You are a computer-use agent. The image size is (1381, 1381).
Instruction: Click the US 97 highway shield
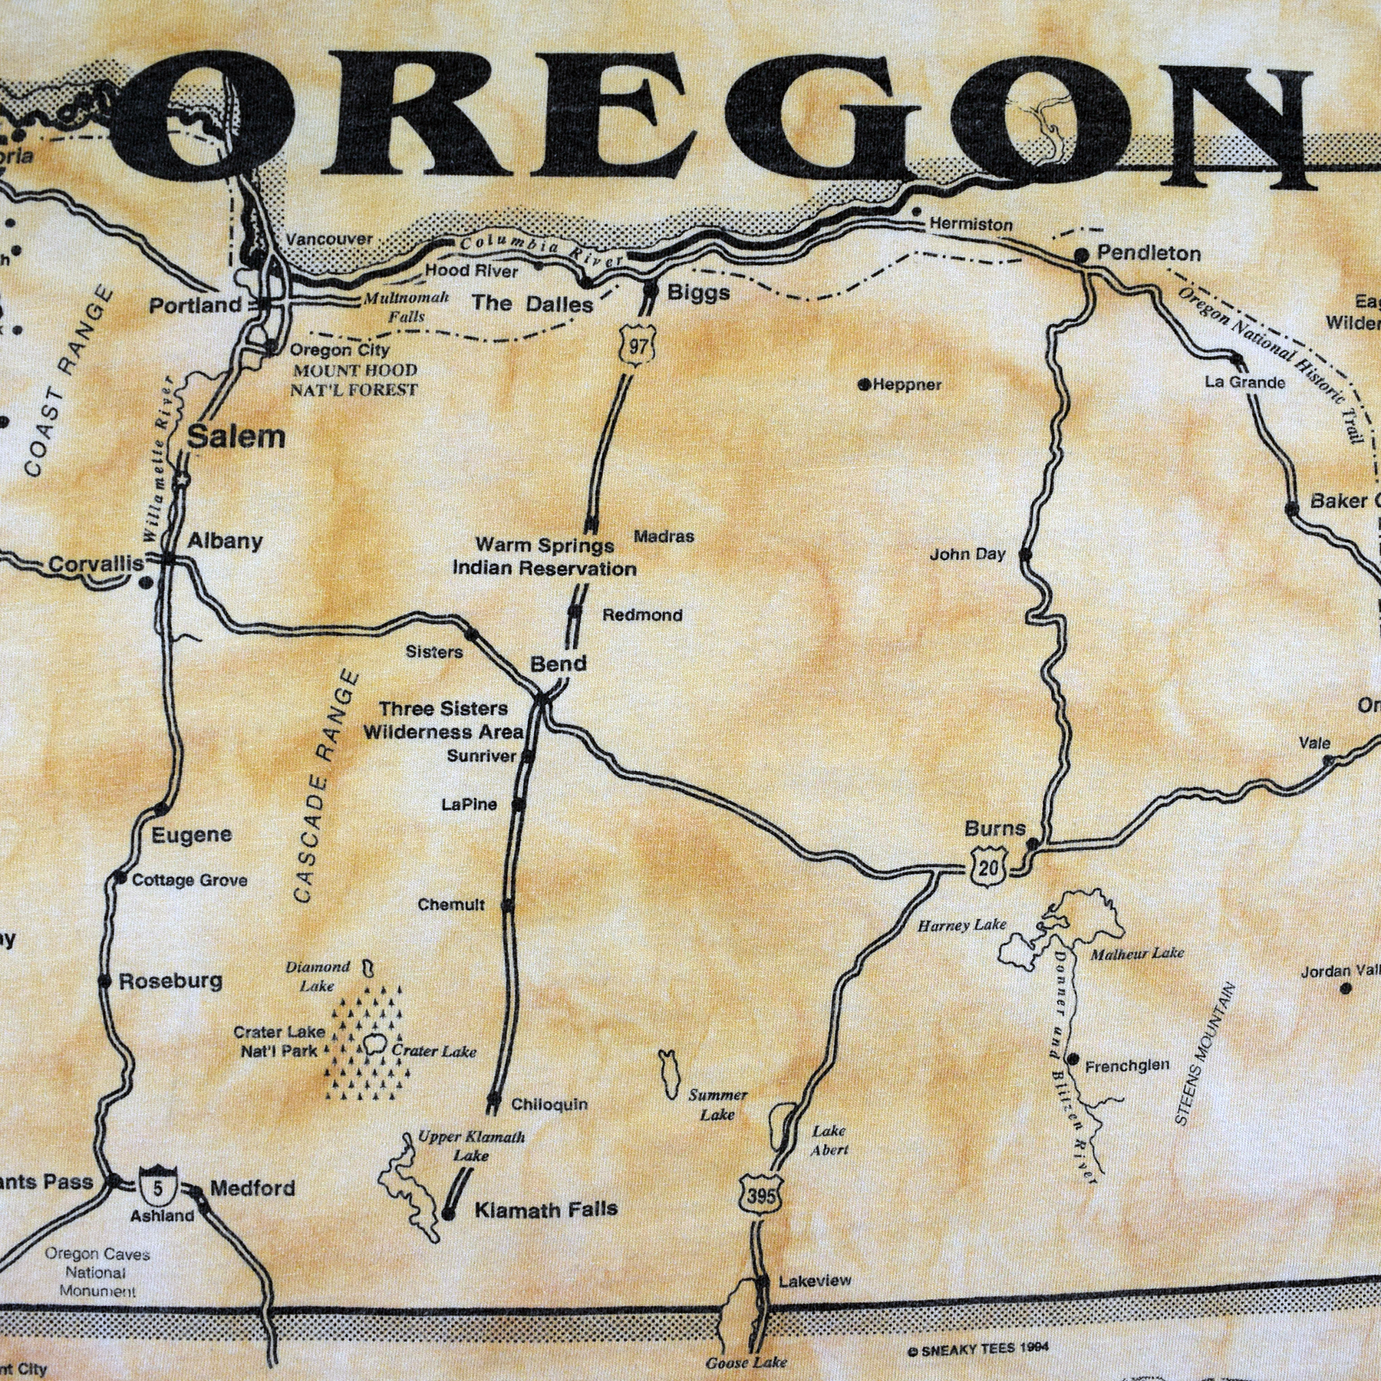pyautogui.click(x=637, y=347)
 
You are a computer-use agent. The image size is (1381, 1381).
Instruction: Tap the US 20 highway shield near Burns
pyautogui.click(x=990, y=868)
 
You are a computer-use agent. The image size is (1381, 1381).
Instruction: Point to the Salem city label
pyautogui.click(x=236, y=437)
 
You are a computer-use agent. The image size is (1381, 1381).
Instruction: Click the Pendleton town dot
pyautogui.click(x=1082, y=255)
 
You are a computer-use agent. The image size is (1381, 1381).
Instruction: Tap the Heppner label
pyautogui.click(x=905, y=384)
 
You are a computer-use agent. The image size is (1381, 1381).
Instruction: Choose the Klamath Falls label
pyautogui.click(x=545, y=1210)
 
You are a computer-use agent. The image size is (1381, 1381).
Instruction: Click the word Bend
pyautogui.click(x=559, y=664)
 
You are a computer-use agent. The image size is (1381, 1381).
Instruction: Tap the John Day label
pyautogui.click(x=967, y=554)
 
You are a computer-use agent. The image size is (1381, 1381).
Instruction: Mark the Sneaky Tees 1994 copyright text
pyautogui.click(x=977, y=1349)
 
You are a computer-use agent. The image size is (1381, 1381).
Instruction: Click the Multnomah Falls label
pyautogui.click(x=406, y=306)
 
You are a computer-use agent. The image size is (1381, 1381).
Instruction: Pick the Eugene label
pyautogui.click(x=191, y=835)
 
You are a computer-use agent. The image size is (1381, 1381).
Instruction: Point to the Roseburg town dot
pyautogui.click(x=104, y=981)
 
